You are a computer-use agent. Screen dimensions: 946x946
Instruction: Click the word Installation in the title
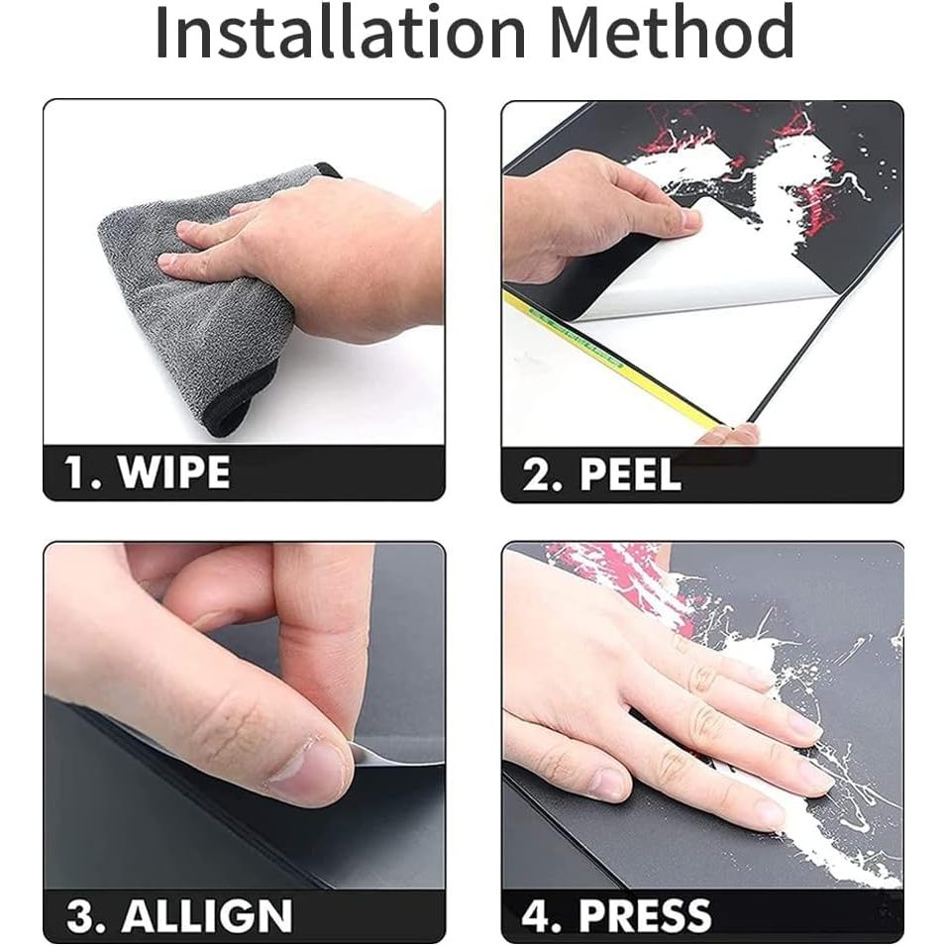pos(341,32)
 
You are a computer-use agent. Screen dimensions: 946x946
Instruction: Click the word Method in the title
pos(672,32)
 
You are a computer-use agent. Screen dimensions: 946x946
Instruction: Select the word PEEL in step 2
pos(630,474)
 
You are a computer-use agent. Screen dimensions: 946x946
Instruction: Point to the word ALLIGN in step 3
pos(207,915)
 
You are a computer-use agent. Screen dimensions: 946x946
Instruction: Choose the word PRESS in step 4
pos(645,915)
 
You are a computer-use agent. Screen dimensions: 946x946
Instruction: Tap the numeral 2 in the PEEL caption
pos(535,474)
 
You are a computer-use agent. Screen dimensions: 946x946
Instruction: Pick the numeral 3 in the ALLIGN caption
pos(81,916)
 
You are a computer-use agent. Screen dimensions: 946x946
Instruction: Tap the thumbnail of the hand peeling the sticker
pos(687,218)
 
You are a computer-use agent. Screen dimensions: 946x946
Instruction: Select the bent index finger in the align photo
pos(321,640)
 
